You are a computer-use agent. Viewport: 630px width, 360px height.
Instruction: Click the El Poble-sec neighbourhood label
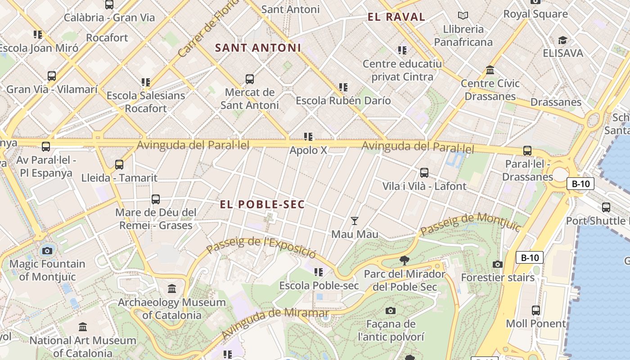click(x=262, y=204)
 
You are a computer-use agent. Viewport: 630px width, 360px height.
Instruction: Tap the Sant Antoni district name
click(x=258, y=48)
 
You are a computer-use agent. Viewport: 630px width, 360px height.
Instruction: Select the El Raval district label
click(x=396, y=17)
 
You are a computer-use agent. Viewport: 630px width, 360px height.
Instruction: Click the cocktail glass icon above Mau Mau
click(x=355, y=220)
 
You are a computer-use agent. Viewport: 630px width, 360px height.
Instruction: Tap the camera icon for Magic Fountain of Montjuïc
click(x=47, y=251)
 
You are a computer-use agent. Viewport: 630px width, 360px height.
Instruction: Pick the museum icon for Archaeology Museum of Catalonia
click(x=171, y=288)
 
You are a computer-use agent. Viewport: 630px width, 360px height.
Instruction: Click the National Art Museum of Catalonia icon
click(x=83, y=327)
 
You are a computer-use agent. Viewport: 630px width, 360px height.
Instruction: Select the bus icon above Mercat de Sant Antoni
click(x=250, y=79)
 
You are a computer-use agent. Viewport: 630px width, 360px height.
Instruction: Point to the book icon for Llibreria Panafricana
click(x=463, y=16)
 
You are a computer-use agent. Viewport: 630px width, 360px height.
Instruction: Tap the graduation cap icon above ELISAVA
click(x=562, y=40)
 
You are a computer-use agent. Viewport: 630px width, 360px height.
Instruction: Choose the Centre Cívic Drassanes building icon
click(x=490, y=70)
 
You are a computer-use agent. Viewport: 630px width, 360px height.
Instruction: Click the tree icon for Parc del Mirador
click(x=404, y=260)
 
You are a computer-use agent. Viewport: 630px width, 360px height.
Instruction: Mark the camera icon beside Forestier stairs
click(x=497, y=264)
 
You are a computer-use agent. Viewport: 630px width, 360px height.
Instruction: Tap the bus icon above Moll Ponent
click(x=535, y=310)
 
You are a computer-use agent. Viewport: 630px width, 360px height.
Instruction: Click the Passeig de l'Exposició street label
click(x=261, y=247)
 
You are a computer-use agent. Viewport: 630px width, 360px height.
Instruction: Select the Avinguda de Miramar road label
click(x=275, y=324)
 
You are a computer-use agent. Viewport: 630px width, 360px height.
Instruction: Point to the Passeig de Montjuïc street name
click(x=470, y=223)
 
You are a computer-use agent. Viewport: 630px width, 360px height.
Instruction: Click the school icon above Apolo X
click(x=308, y=136)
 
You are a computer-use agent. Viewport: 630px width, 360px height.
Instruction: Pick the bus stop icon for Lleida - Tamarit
click(x=119, y=165)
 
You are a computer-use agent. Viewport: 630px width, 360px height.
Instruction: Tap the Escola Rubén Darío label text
click(x=343, y=100)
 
